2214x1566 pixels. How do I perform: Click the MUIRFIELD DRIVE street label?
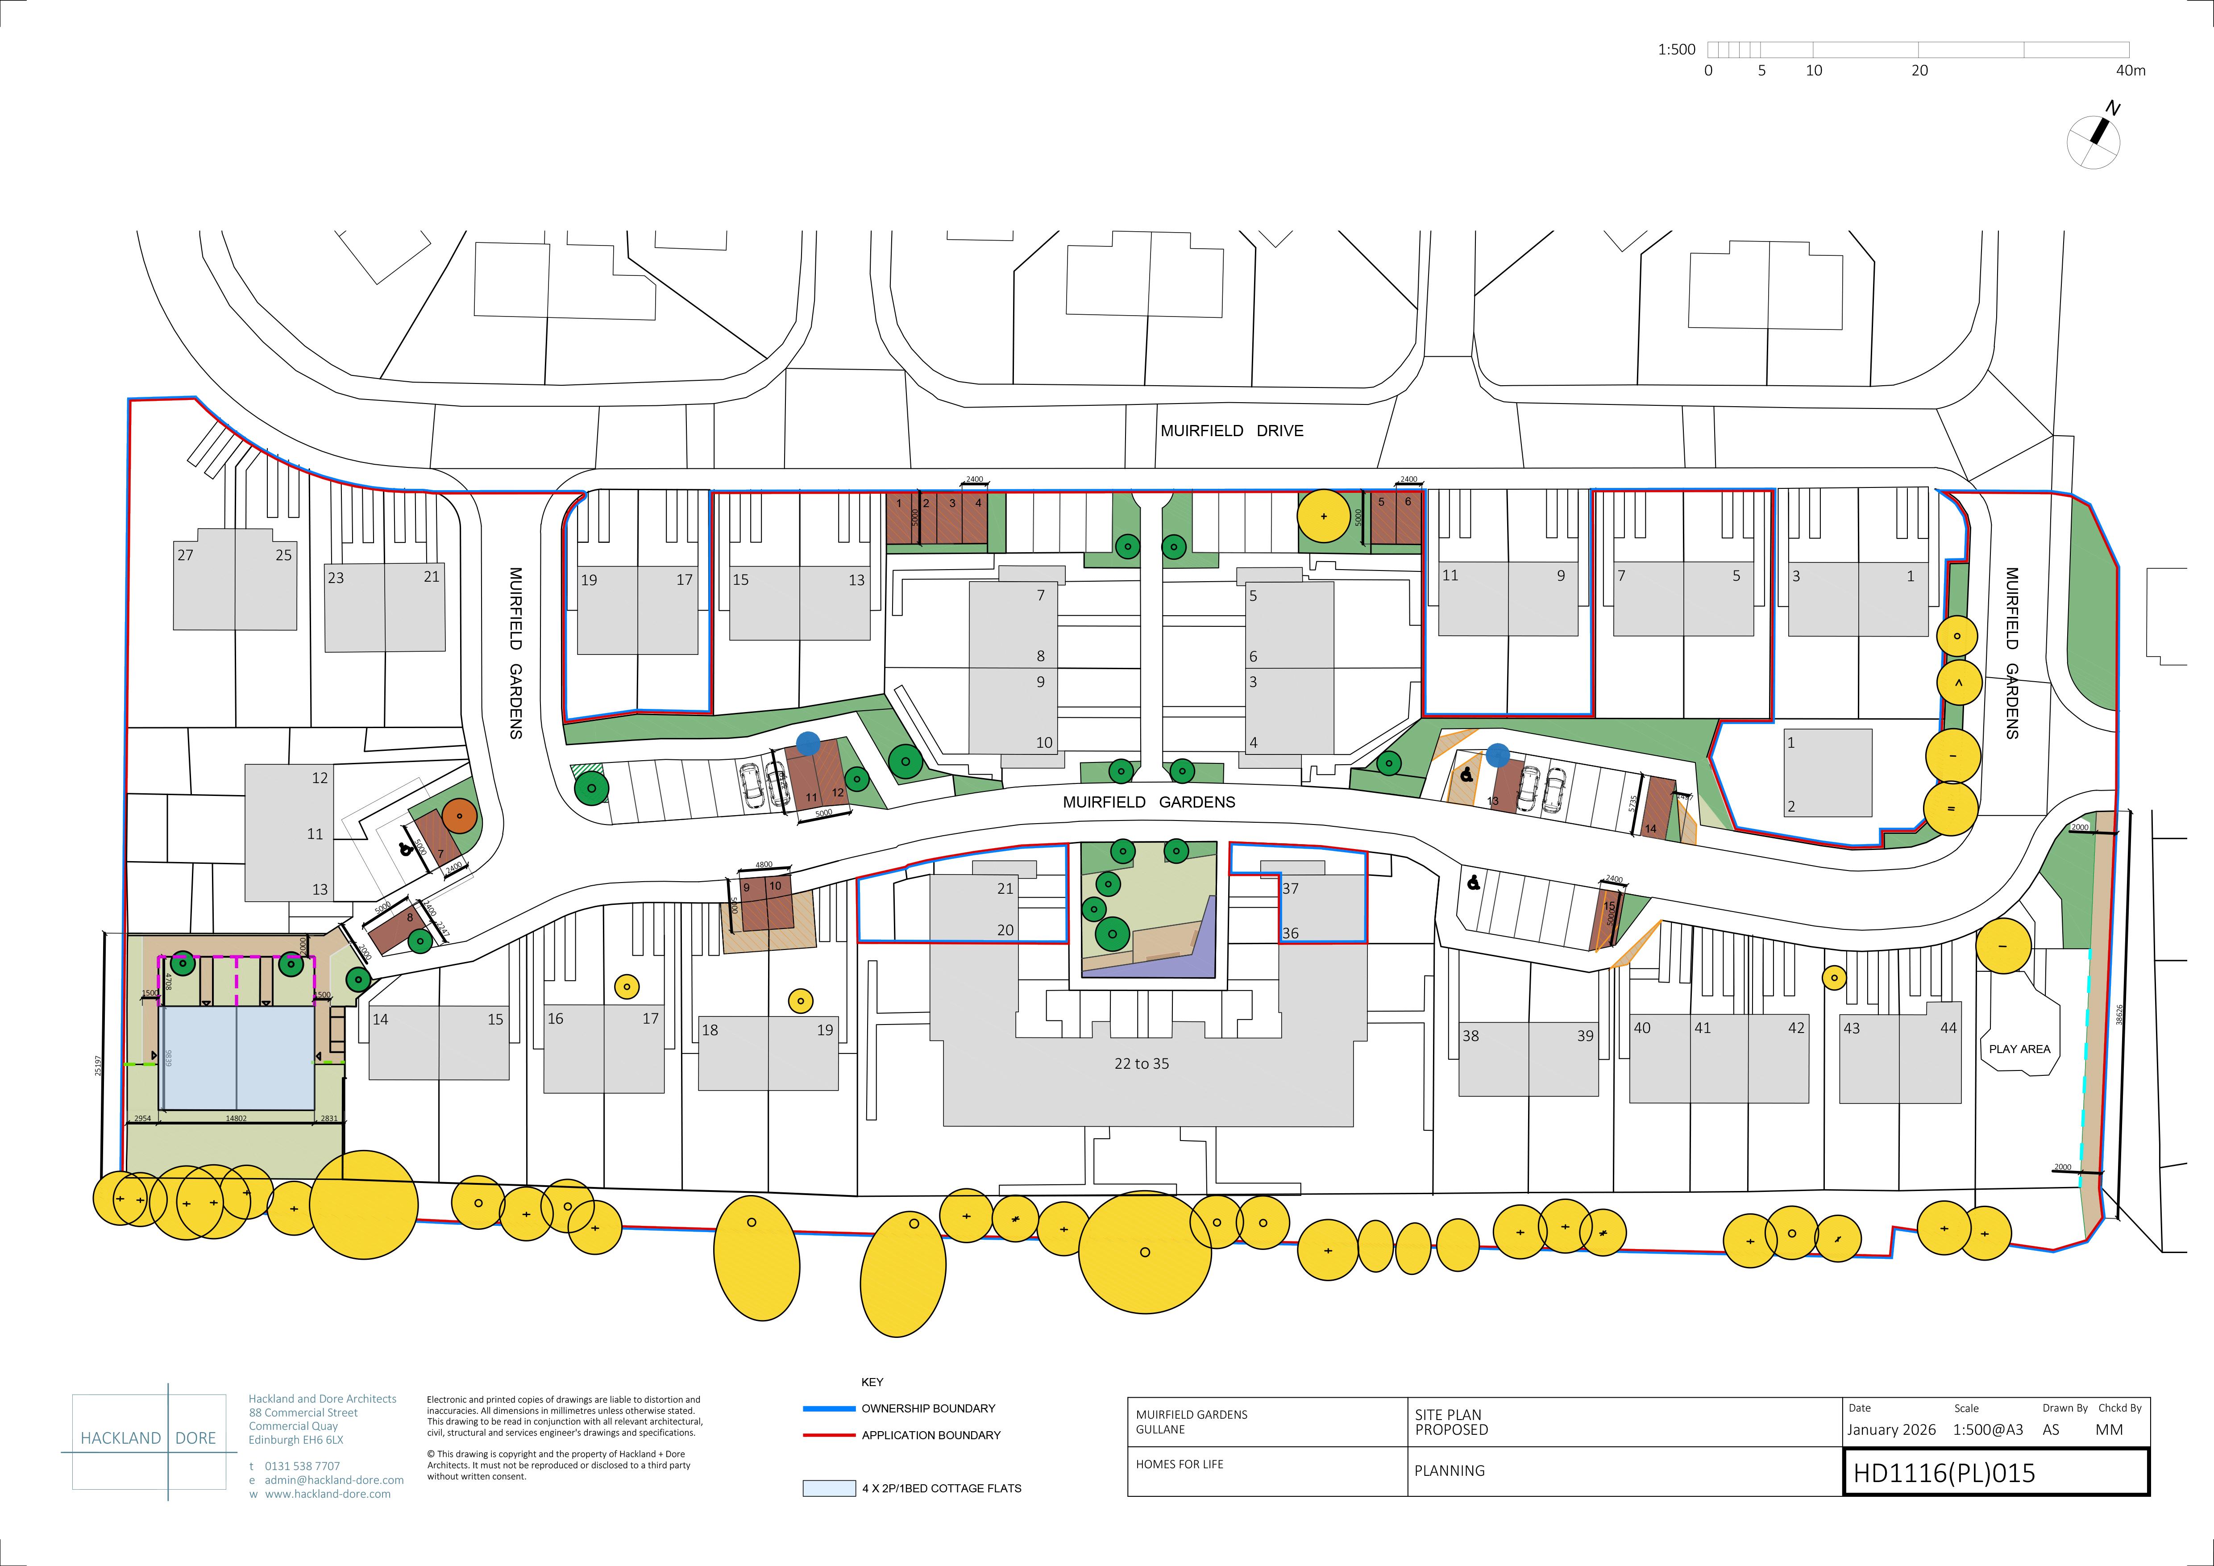coord(1231,431)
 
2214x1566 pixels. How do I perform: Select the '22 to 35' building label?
coord(1142,1064)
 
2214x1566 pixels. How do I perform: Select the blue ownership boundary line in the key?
coord(829,1409)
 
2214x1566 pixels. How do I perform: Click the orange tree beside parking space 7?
coord(460,816)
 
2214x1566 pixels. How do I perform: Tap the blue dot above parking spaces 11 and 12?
coord(808,745)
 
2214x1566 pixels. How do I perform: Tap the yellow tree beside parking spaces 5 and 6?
coord(1324,516)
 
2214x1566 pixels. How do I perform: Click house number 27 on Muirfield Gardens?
coord(185,555)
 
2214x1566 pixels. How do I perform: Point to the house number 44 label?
coord(1948,1028)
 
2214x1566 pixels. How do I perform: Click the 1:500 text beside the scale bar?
coord(1676,50)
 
